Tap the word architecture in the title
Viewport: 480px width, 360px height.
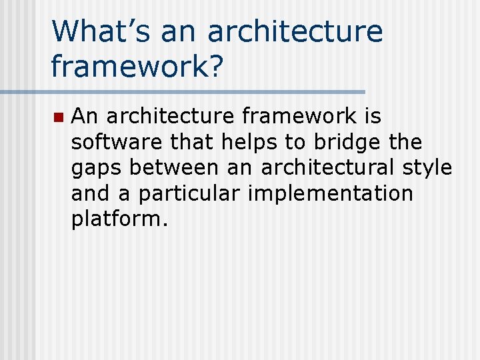click(295, 32)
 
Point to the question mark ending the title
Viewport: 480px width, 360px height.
click(212, 65)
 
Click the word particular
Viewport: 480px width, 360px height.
click(190, 193)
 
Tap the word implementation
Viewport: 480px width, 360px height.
click(330, 193)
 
